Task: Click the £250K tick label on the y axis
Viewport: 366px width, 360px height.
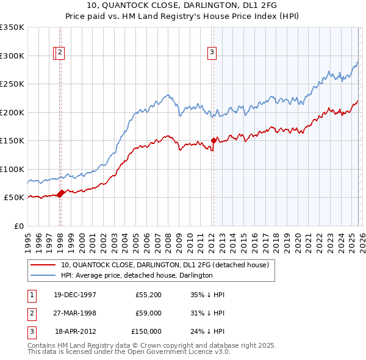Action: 12,84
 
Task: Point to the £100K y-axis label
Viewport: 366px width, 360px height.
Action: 12,169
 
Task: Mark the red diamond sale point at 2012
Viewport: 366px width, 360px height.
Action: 213,140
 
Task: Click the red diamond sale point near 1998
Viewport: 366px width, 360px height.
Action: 60,194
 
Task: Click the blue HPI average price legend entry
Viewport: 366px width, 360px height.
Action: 137,275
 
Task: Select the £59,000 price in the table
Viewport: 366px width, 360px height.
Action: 147,313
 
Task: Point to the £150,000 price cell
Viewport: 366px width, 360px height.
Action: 146,331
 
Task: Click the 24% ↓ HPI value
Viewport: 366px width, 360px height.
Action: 207,331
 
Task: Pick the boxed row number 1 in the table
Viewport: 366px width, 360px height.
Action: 31,295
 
